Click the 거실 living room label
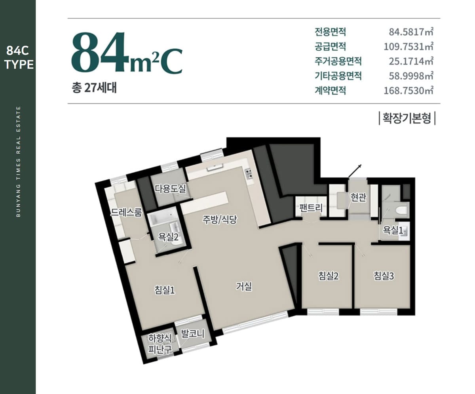pos(244,286)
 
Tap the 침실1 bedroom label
pos(165,290)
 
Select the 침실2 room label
pos(328,276)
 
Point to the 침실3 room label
pos(384,276)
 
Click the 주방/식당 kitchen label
pos(220,220)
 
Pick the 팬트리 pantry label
pos(311,208)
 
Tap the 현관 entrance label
pos(358,197)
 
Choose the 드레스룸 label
pos(126,212)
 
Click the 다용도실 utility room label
pos(170,189)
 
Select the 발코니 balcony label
pos(193,334)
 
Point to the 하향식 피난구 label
pos(160,344)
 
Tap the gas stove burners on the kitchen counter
pos(248,173)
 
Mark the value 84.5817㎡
pos(411,32)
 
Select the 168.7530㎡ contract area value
pos(408,91)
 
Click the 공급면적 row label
pos(330,47)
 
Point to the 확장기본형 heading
pos(407,118)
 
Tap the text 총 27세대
pos(94,88)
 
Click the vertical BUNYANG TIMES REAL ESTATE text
pos(19,162)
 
